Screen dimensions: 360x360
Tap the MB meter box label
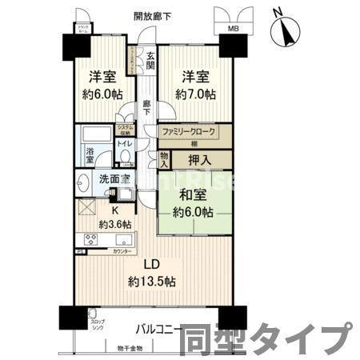(233, 30)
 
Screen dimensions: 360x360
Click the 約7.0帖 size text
(197, 94)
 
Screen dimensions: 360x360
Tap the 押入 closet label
(199, 159)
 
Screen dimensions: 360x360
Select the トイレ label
(126, 143)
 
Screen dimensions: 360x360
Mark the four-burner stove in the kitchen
(86, 239)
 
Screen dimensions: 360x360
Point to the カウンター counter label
(122, 252)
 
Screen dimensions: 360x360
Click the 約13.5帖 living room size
(152, 282)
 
